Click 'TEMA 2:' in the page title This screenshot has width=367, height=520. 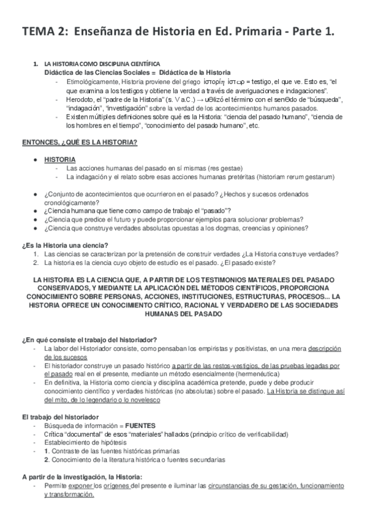[44, 30]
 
